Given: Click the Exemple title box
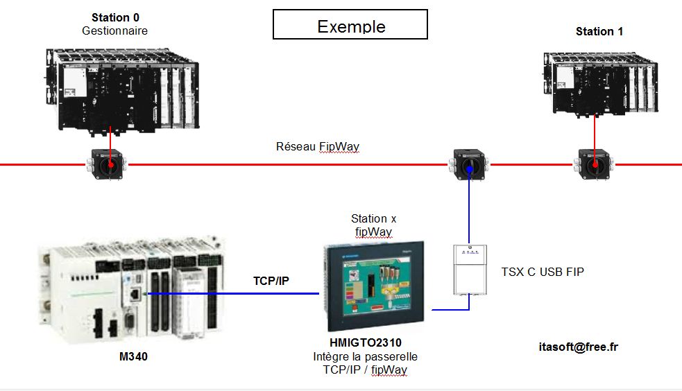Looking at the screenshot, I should [x=350, y=24].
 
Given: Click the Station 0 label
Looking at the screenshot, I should [x=114, y=17].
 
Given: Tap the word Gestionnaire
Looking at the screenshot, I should [x=114, y=31].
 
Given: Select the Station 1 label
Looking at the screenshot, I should [x=599, y=31].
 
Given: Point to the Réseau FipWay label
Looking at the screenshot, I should [x=318, y=146].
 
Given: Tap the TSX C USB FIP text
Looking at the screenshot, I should [x=543, y=272].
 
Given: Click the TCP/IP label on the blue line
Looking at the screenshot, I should [x=271, y=281].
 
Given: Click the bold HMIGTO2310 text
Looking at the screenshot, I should [x=365, y=342].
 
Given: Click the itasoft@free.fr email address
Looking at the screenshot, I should [x=577, y=346].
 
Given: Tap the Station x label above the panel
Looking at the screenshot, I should [x=373, y=218].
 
